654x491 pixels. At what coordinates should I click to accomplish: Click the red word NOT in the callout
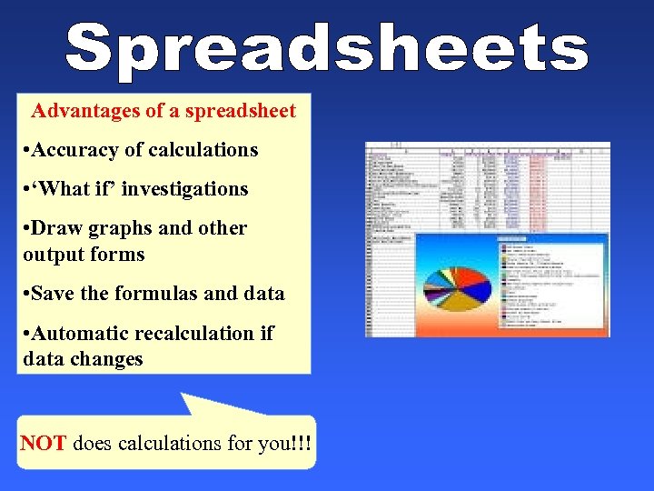(44, 444)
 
